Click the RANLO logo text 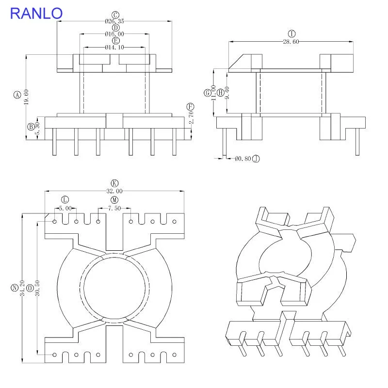click(x=36, y=14)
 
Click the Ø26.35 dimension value click(x=114, y=21)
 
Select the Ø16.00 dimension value click(x=114, y=34)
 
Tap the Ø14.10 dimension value click(x=114, y=47)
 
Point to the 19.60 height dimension click(x=26, y=97)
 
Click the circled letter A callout click(x=17, y=95)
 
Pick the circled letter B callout click(x=31, y=127)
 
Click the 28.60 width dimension click(x=291, y=42)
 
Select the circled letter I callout click(x=292, y=33)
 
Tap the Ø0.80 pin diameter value click(x=243, y=159)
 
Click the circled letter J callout click(x=256, y=159)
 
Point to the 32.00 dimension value click(x=114, y=191)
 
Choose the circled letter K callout click(x=114, y=183)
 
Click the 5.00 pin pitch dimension click(x=65, y=209)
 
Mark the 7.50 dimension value click(x=114, y=209)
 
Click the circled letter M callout click(x=114, y=200)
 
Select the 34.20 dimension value click(x=22, y=288)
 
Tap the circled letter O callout click(x=30, y=288)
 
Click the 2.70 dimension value click(x=191, y=117)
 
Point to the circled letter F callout click(x=190, y=107)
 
